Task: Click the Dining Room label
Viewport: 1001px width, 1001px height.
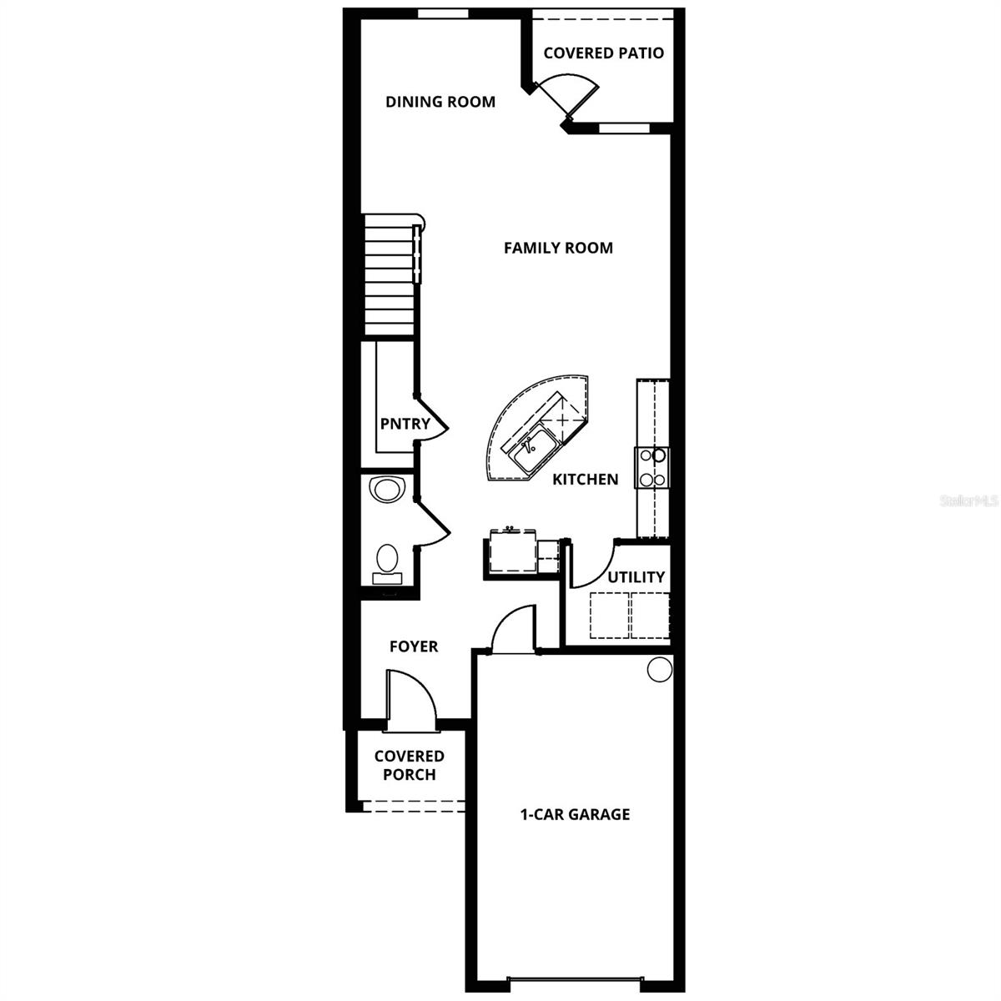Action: [x=440, y=102]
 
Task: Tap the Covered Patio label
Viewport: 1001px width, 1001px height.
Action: [x=603, y=53]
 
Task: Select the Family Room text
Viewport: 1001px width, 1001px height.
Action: [x=558, y=248]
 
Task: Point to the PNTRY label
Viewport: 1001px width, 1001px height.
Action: [x=405, y=424]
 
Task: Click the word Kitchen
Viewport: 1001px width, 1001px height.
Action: [x=585, y=480]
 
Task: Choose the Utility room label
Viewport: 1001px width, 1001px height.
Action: [x=636, y=577]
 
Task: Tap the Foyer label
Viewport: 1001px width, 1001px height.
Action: [x=414, y=646]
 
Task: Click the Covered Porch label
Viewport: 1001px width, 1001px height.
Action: [x=409, y=765]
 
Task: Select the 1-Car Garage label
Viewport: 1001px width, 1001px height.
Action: [x=575, y=814]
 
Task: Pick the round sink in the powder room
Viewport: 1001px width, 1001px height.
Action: [x=386, y=489]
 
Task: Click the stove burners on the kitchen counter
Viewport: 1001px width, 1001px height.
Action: [x=651, y=467]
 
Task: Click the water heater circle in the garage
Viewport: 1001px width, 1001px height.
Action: [x=659, y=669]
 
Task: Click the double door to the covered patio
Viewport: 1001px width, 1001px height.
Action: [x=567, y=94]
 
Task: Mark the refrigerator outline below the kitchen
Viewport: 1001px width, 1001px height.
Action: [x=511, y=552]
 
